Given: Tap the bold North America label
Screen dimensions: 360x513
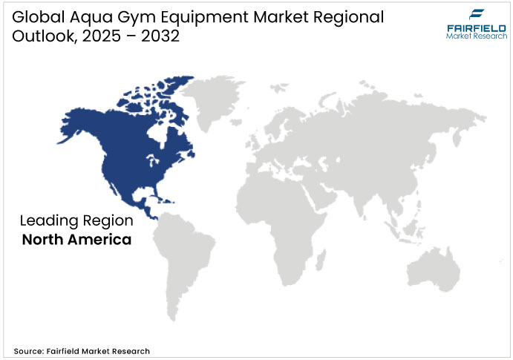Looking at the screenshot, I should (x=76, y=239).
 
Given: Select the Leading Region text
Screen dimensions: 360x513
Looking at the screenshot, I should (x=76, y=220).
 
